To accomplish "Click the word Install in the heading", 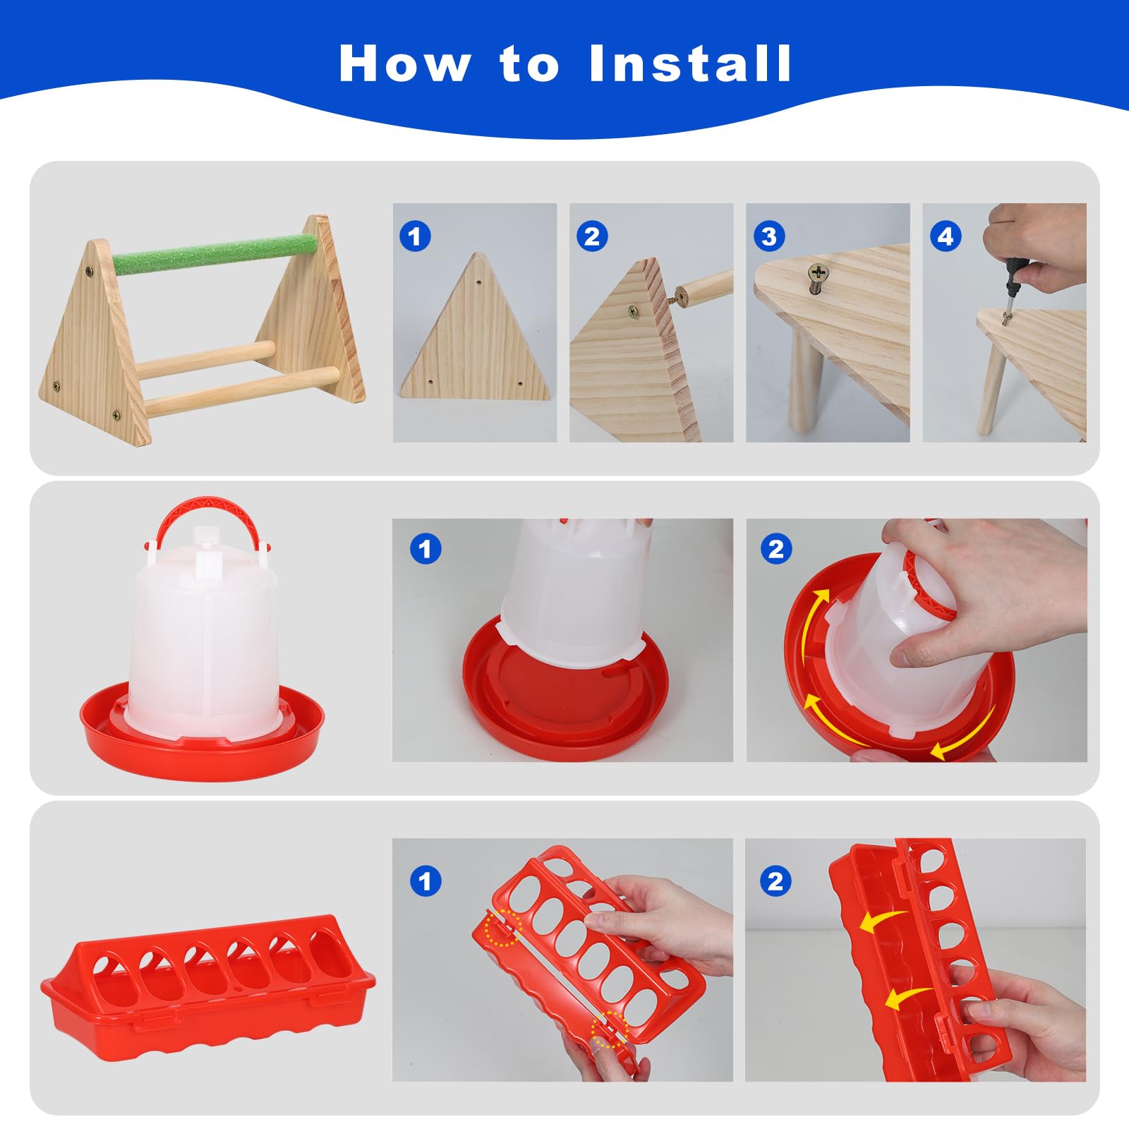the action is (690, 64).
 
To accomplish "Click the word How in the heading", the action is (405, 64).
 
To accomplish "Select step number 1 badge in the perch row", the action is (415, 236).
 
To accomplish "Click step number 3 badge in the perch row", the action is (769, 236).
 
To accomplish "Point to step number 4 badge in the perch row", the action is (946, 236).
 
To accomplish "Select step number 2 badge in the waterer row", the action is (776, 548).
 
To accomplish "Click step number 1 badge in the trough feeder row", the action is (425, 881).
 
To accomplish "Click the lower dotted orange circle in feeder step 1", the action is (610, 1030).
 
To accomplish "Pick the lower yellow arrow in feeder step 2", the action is (907, 996).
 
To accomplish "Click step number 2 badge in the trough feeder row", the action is (775, 881).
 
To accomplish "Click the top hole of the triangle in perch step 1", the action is (478, 282).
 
